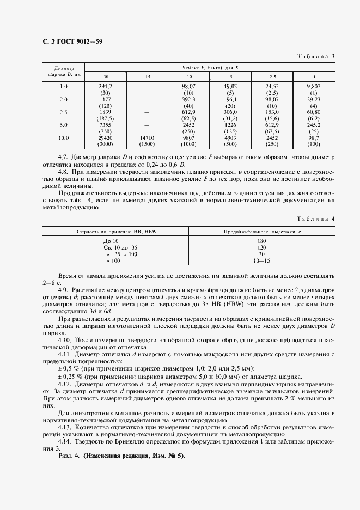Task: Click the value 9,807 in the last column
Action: [x=314, y=86]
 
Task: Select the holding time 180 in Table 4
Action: [x=261, y=241]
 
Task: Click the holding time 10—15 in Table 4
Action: [x=261, y=261]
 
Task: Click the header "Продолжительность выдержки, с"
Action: [x=261, y=231]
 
